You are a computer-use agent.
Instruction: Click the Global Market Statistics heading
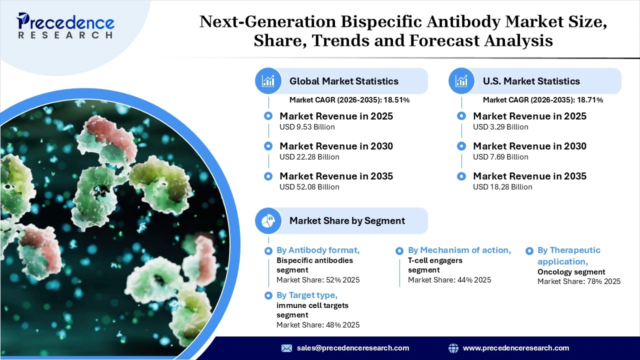(x=343, y=81)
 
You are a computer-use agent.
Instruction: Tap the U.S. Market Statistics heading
(x=531, y=81)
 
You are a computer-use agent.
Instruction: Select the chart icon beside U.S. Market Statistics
(x=461, y=81)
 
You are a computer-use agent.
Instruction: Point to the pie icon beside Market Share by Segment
(x=268, y=220)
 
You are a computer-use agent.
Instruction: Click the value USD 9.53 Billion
(x=307, y=127)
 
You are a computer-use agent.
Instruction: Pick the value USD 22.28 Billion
(x=309, y=157)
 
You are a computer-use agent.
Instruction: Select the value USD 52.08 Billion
(x=309, y=187)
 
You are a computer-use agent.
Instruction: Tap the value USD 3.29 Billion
(x=500, y=127)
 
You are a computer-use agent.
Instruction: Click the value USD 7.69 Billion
(x=500, y=157)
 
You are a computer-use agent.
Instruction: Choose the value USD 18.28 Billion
(x=502, y=187)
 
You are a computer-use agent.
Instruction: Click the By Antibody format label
(x=318, y=250)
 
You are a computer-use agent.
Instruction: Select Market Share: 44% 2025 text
(x=449, y=280)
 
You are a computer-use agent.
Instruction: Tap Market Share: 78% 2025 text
(x=579, y=281)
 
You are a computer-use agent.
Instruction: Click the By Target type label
(x=307, y=295)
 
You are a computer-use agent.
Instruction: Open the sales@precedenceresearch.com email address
(x=353, y=348)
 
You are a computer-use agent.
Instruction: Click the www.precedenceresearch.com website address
(x=516, y=348)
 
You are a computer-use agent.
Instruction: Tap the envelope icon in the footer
(x=286, y=348)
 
